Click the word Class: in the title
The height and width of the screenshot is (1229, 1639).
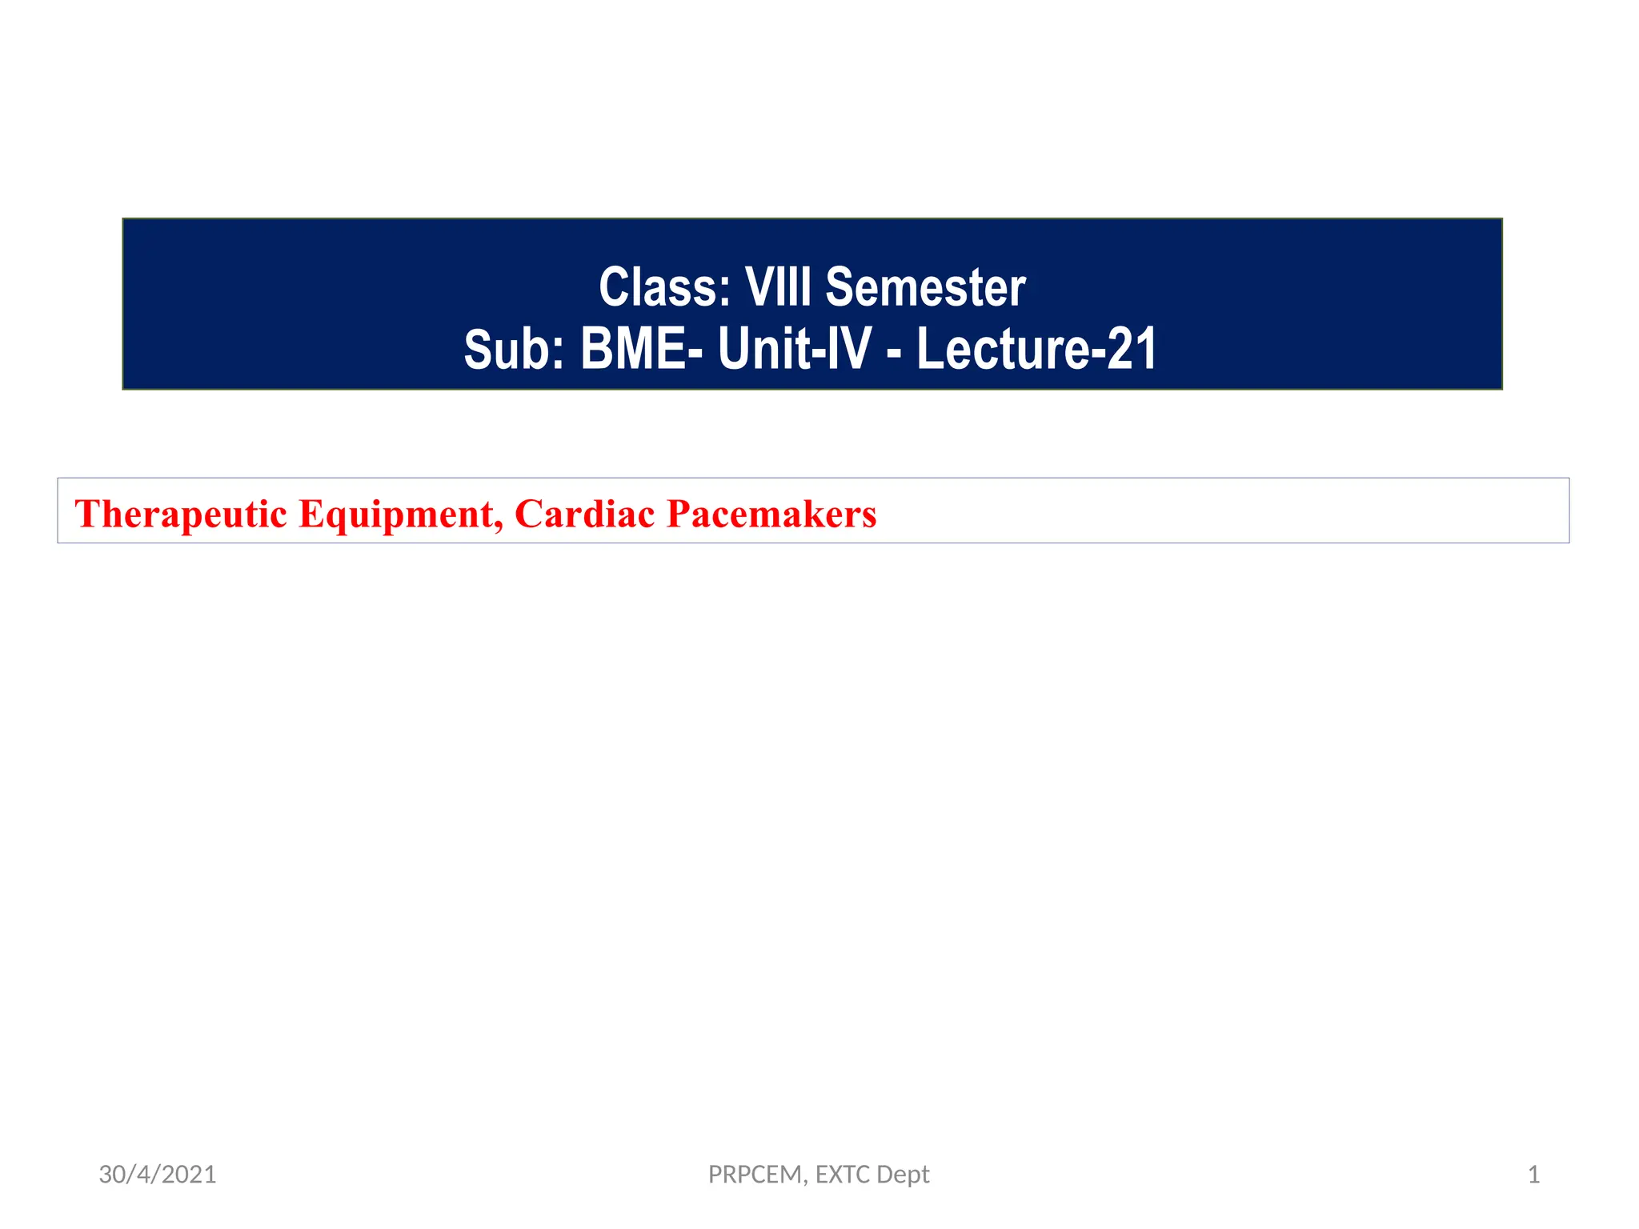(x=664, y=287)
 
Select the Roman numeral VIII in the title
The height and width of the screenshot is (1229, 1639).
(x=778, y=287)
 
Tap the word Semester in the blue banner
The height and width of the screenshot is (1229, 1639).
(x=925, y=287)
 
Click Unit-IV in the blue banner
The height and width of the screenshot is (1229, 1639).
(x=794, y=350)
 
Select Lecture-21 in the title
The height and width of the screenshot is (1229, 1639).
(x=1036, y=350)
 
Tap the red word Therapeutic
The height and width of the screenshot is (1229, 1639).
(x=180, y=514)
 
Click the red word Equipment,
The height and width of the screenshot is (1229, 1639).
(x=400, y=514)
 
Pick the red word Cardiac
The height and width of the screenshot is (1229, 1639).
(x=585, y=514)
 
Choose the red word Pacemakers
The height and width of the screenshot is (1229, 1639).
(x=771, y=514)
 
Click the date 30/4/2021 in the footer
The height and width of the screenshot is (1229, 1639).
(x=158, y=1175)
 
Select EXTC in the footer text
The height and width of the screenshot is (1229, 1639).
(x=843, y=1175)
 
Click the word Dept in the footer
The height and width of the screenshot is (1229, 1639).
(x=904, y=1175)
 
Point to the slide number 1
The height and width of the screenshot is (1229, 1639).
(x=1533, y=1175)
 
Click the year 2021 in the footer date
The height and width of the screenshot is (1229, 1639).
(x=190, y=1175)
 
